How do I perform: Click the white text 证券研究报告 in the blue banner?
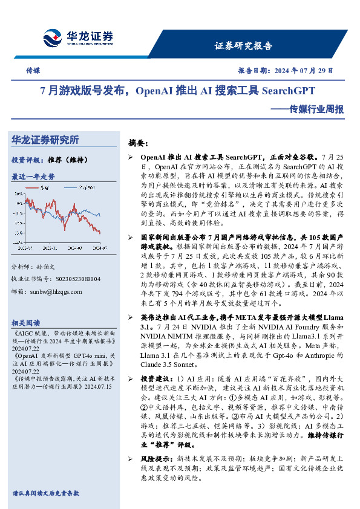point(244,46)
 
